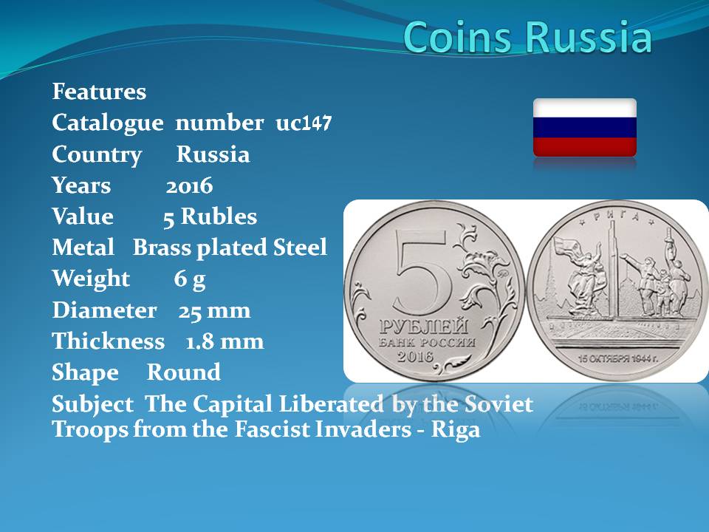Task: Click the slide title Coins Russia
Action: point(527,37)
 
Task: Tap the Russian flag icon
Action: point(585,128)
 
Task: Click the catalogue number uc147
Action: point(304,123)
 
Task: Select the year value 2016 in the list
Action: point(189,185)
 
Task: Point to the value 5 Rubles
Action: point(210,216)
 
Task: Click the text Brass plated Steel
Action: point(230,248)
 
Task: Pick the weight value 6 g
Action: point(190,279)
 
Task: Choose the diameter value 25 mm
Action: point(214,311)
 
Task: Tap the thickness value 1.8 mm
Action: point(225,341)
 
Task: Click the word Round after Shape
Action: point(184,372)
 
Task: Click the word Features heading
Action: point(100,92)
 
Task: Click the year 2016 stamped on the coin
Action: point(415,356)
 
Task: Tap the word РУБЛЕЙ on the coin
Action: point(424,327)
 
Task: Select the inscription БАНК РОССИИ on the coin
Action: point(428,342)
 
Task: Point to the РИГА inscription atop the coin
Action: point(617,216)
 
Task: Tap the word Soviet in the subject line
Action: point(499,404)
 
